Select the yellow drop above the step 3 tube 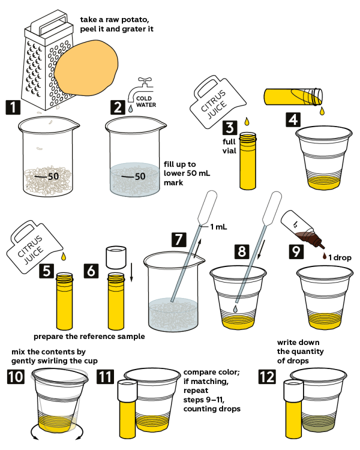(x=247, y=122)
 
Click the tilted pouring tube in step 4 (x=294, y=97)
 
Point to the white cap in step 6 (x=115, y=257)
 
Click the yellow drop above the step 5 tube (x=64, y=258)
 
